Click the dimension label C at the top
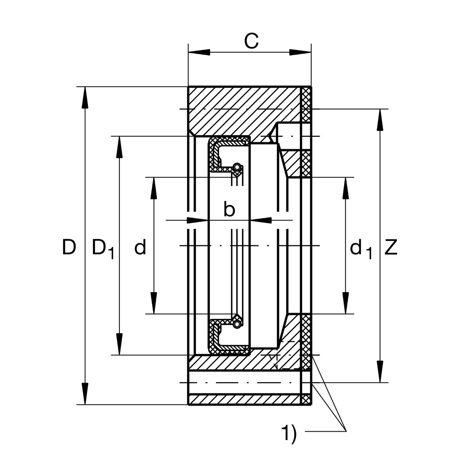click(251, 41)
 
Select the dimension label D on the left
click(69, 247)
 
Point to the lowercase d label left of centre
click(140, 247)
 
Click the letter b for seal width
click(229, 210)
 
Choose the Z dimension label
click(391, 247)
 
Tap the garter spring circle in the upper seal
click(236, 167)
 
